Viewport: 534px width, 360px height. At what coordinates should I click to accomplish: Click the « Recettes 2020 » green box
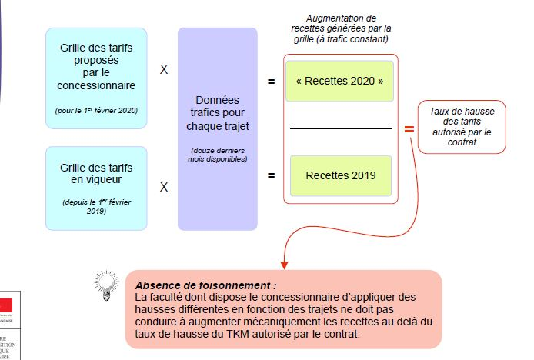[339, 80]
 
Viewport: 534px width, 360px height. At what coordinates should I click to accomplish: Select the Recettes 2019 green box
[340, 175]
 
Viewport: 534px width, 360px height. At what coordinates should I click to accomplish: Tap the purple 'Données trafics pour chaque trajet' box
[217, 128]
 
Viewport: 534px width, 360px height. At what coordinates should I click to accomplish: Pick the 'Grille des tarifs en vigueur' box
[96, 188]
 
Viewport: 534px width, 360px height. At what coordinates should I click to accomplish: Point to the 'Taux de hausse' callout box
[462, 127]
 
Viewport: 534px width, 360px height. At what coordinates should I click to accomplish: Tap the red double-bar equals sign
[409, 129]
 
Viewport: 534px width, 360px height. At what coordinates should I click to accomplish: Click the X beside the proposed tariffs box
[163, 69]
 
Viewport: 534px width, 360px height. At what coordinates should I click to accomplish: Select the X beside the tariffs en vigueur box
[163, 186]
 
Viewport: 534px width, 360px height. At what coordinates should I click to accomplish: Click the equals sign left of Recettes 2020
[271, 80]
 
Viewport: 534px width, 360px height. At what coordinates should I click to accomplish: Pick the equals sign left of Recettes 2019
[271, 175]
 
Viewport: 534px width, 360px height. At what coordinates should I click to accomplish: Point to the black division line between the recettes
[340, 128]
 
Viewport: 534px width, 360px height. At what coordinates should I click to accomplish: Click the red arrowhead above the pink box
[285, 265]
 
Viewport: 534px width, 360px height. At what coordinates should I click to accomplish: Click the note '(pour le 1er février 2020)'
[96, 111]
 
